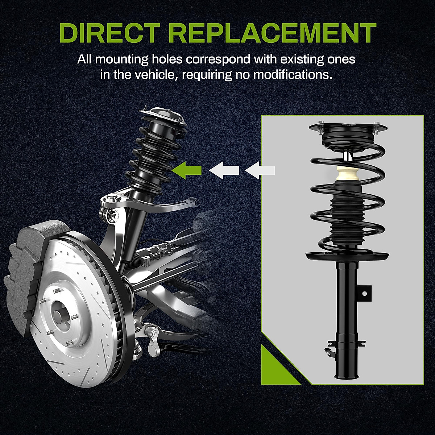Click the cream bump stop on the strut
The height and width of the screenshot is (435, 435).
point(346,176)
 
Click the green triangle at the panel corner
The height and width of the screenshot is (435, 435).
point(275,366)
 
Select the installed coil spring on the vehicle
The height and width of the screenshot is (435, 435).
point(156,159)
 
